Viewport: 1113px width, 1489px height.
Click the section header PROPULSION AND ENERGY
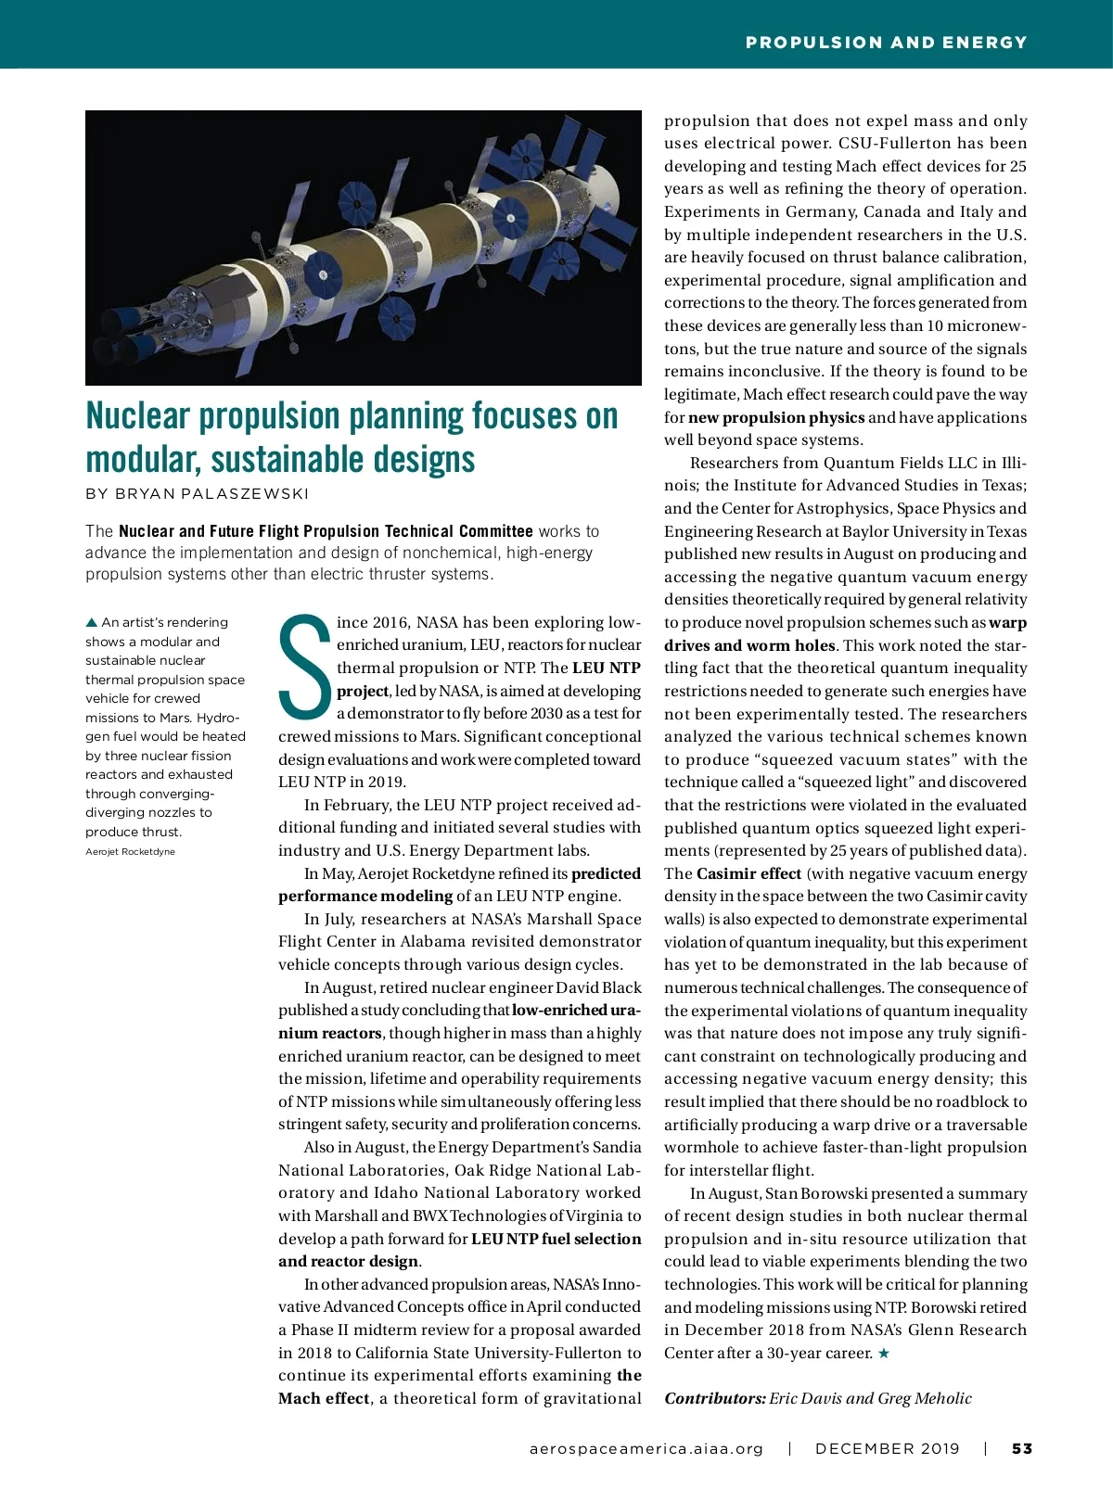click(886, 43)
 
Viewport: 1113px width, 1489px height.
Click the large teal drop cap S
click(305, 666)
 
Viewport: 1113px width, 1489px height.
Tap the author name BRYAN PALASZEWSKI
click(198, 493)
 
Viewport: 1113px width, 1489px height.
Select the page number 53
click(1022, 1448)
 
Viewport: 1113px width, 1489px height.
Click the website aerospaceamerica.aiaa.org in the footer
click(646, 1448)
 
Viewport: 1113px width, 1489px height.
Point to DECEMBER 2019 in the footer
click(888, 1448)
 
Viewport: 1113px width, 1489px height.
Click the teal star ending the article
click(884, 1354)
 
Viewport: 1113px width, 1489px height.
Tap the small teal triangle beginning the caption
click(91, 622)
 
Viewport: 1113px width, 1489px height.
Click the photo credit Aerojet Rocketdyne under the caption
click(130, 851)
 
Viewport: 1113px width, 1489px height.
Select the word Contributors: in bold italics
click(714, 1398)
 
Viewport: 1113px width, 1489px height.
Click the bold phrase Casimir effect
click(748, 873)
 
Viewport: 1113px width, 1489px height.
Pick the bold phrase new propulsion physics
click(776, 417)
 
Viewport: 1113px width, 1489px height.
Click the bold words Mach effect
click(324, 1398)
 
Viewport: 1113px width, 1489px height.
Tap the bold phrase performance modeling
click(365, 896)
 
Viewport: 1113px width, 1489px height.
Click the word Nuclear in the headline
click(138, 416)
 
